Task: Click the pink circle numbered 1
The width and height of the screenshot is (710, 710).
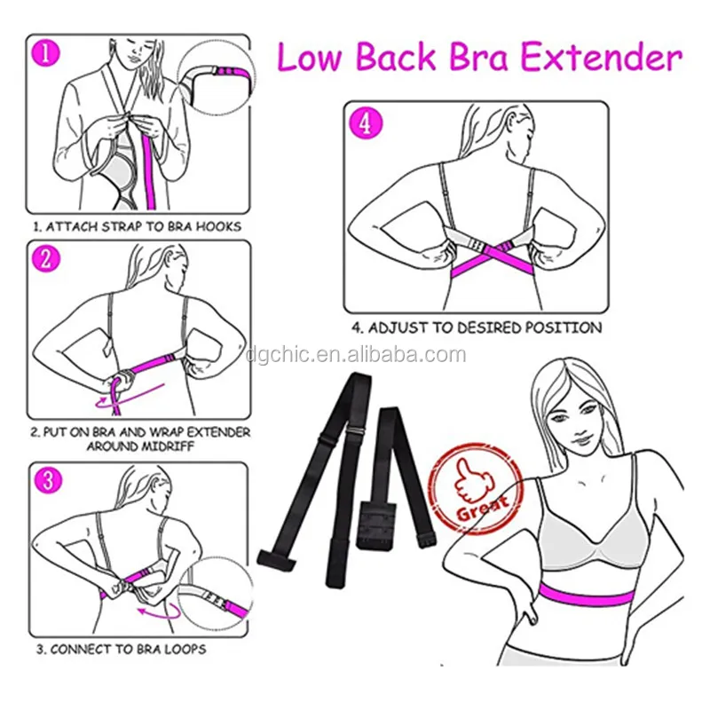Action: tap(46, 53)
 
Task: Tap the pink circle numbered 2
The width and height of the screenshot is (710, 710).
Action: tap(46, 259)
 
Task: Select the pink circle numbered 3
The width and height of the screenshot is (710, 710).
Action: tap(48, 480)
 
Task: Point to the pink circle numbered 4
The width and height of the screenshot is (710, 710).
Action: tap(365, 122)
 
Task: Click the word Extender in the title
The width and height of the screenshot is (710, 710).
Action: tap(601, 58)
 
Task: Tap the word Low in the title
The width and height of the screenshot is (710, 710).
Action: tap(308, 58)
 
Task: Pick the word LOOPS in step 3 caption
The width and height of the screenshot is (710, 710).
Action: tap(185, 650)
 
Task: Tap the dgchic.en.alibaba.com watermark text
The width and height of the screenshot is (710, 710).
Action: tap(356, 354)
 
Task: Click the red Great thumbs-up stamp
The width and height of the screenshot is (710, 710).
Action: tap(476, 489)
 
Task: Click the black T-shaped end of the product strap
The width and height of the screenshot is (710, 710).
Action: tap(276, 560)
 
